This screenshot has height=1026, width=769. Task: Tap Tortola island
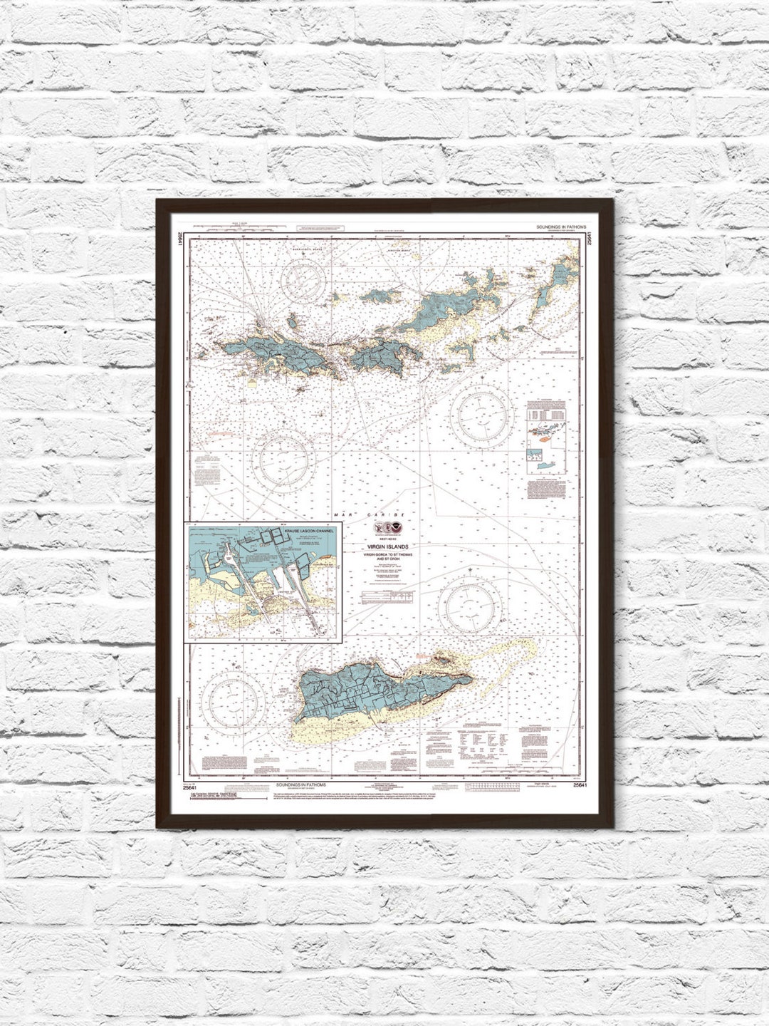click(x=434, y=313)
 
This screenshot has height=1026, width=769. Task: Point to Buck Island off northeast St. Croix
click(x=444, y=662)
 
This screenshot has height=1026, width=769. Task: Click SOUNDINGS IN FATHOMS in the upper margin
click(x=562, y=226)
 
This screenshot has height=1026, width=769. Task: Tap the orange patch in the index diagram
click(x=547, y=439)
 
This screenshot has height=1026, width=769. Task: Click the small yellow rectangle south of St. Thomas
click(x=253, y=382)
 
